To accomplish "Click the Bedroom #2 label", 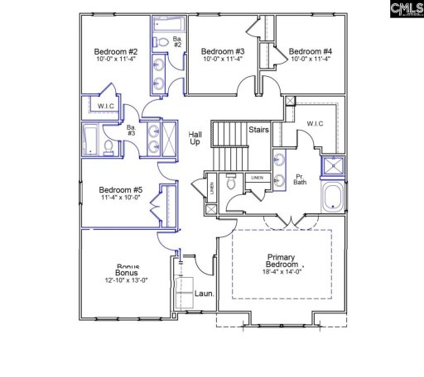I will coord(115,50).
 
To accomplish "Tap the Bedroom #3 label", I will coord(222,50).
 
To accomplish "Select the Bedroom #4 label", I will coord(310,50).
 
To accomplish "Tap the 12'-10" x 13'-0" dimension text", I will coord(126,281).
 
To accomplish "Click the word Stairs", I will coord(258,130).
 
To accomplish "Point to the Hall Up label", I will coord(195,138).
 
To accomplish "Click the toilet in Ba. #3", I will coord(108,147).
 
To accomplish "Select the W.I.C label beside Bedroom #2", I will coord(106,105).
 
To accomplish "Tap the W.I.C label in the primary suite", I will coord(315,125).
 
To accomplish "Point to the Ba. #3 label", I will coord(131,130).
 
